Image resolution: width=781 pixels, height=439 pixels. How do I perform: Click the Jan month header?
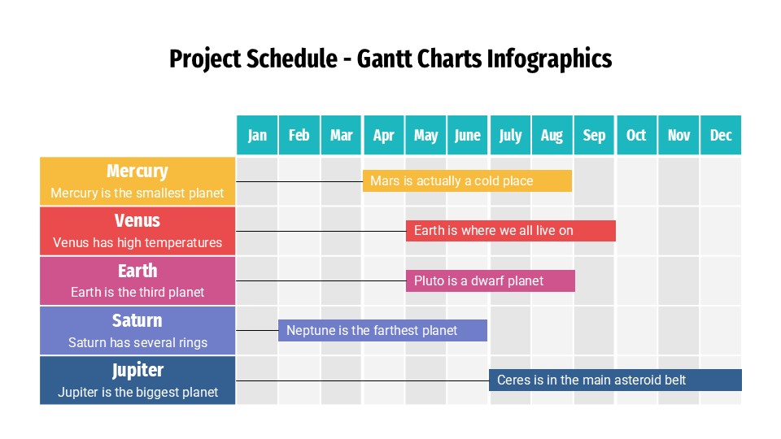click(x=257, y=135)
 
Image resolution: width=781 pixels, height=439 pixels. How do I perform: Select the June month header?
click(x=468, y=135)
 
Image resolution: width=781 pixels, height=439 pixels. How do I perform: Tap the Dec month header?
click(x=721, y=135)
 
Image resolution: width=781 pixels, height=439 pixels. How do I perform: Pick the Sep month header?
click(x=595, y=135)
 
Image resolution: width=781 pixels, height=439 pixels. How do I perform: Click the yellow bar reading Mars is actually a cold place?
click(x=467, y=180)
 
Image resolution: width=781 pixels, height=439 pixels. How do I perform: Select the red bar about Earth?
click(x=510, y=230)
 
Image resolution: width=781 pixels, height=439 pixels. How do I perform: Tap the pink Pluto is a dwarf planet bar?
click(x=490, y=280)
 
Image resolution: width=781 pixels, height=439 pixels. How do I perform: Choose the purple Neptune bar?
click(x=382, y=330)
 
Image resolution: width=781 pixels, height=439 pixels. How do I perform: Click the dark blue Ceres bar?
click(x=615, y=380)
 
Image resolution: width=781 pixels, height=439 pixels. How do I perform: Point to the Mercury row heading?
click(x=137, y=172)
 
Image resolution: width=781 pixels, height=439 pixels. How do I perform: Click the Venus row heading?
click(x=137, y=221)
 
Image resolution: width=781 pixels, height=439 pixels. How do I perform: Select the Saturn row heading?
click(x=137, y=320)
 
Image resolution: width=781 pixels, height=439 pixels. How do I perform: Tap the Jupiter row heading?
click(x=137, y=371)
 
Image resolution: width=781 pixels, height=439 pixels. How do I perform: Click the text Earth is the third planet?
click(x=137, y=292)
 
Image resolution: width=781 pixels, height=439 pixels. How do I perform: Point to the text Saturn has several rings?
click(x=137, y=342)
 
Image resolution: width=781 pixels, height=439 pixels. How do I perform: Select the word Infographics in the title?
click(x=548, y=59)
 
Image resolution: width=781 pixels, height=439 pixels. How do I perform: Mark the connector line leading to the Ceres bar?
click(x=362, y=380)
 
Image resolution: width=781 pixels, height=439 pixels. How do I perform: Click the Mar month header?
click(x=342, y=135)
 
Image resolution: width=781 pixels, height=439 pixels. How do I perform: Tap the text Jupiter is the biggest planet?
click(x=137, y=392)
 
